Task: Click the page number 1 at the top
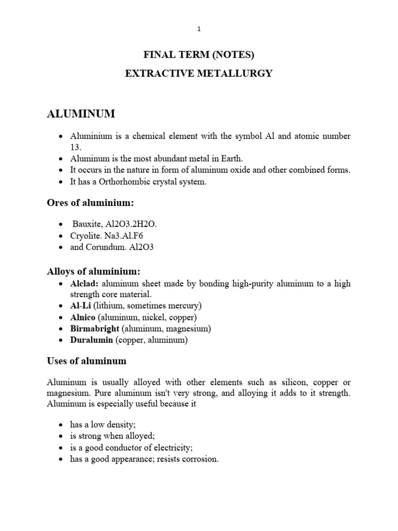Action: point(199,29)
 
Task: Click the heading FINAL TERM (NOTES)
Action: point(199,54)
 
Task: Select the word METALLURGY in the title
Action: point(239,74)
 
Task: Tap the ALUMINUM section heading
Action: point(81,114)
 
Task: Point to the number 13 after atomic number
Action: point(76,147)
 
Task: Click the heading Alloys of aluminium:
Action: point(94,271)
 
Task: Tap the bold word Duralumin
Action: point(91,340)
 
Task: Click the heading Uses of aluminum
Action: point(87,360)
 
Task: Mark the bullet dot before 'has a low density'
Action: point(62,425)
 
